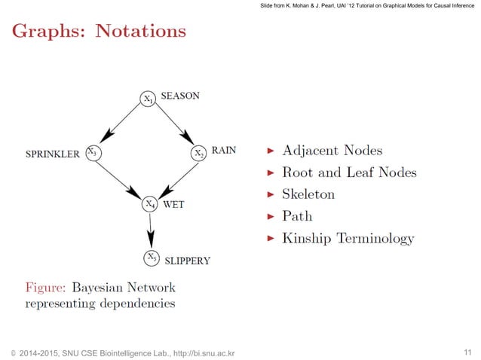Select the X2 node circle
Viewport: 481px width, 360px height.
198,152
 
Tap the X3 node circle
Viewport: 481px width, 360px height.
92,152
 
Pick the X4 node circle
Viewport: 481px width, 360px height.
151,204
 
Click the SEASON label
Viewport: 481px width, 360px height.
181,96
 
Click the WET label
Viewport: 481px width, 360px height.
174,204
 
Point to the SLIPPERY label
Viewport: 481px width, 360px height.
187,261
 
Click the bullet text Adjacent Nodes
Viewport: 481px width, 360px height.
332,150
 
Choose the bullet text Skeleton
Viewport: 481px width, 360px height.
308,194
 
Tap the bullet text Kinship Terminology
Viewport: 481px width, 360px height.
348,239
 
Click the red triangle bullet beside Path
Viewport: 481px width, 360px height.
271,217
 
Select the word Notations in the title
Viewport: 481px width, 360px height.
142,32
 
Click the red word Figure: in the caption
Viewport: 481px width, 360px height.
47,287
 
